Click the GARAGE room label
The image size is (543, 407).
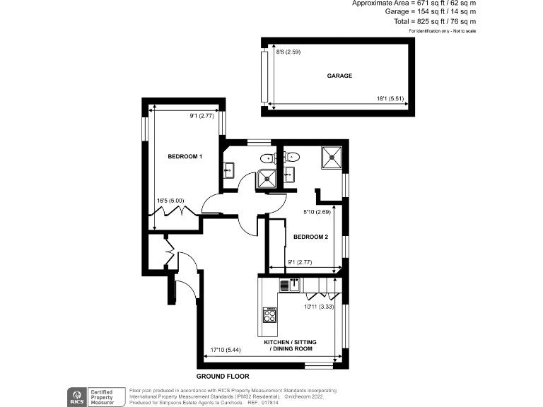click(x=339, y=76)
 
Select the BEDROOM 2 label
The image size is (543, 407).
click(x=310, y=237)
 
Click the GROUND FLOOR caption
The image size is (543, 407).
click(x=223, y=377)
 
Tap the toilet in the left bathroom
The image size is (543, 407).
click(x=267, y=158)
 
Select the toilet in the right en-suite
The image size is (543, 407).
click(x=292, y=157)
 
